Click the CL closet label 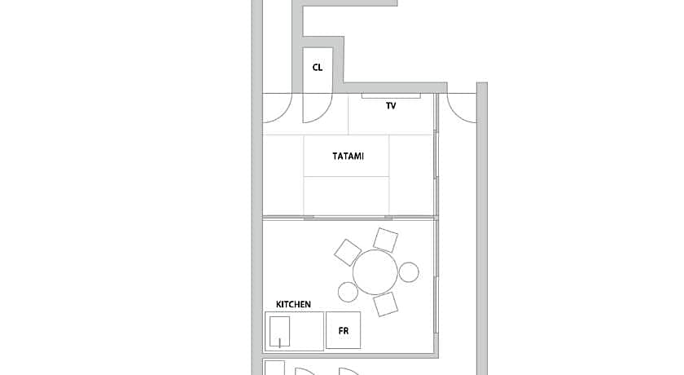tap(317, 68)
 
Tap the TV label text tap(391, 106)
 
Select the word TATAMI tap(349, 156)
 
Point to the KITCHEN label tap(294, 304)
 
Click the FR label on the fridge tap(344, 331)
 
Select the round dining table tap(375, 272)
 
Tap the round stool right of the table tap(409, 272)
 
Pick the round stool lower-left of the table tap(349, 292)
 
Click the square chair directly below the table tap(386, 304)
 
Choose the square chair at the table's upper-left tap(348, 253)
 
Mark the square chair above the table tap(386, 240)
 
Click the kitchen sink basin tap(279, 331)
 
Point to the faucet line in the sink tap(279, 342)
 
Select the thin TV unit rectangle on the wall tap(391, 95)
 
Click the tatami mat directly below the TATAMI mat tap(346, 196)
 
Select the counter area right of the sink tap(307, 331)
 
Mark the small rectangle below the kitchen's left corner tap(274, 368)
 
